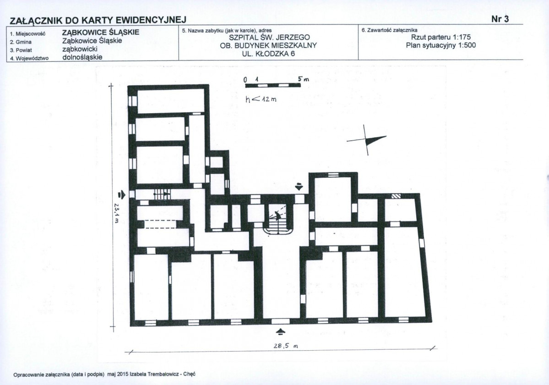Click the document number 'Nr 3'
point(500,19)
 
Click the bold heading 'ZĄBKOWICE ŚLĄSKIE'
point(101,33)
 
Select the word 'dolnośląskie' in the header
point(82,57)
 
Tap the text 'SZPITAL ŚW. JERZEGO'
point(269,38)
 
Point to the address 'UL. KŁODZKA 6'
point(269,54)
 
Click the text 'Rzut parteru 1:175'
point(441,37)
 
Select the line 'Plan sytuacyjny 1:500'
point(441,45)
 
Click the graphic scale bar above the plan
point(272,85)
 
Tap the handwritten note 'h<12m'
point(261,99)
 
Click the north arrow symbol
point(367,140)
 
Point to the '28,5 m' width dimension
point(286,346)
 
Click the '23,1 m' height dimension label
point(117,213)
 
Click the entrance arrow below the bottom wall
point(281,331)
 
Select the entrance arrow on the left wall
point(121,194)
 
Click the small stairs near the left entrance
point(162,193)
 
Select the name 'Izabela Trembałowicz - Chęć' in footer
point(163,374)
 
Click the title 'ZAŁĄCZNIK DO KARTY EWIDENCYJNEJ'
point(98,20)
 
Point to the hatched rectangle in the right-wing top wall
point(396,196)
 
